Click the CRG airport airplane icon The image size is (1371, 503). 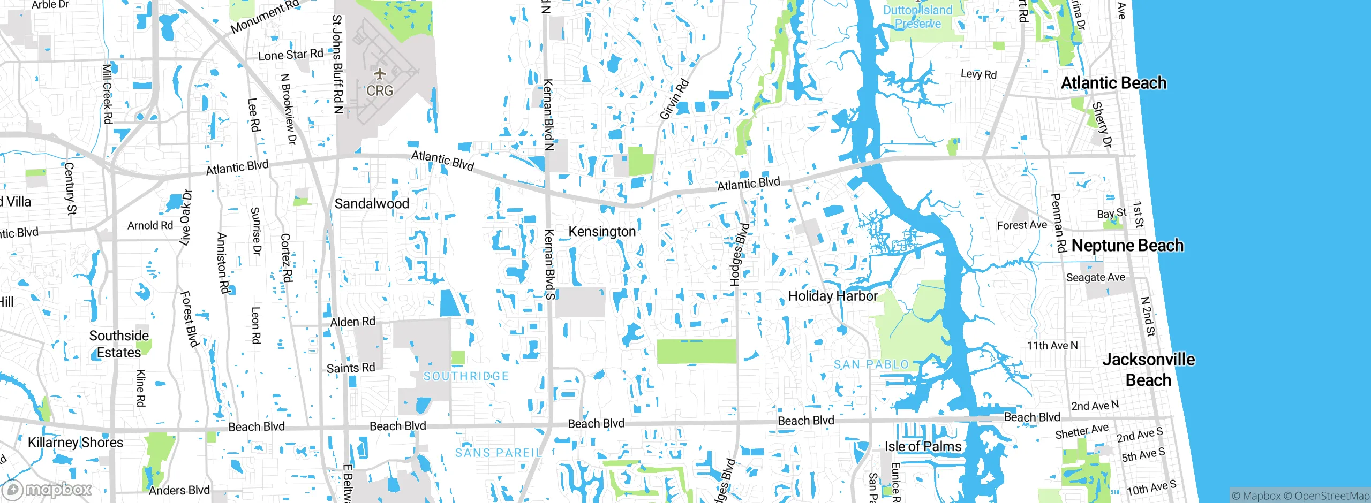[x=380, y=73]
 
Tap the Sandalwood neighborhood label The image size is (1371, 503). [x=372, y=204]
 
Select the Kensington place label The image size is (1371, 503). [x=602, y=232]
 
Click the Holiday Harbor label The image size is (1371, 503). [x=833, y=296]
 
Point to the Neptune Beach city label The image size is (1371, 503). [x=1127, y=246]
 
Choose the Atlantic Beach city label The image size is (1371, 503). [x=1113, y=83]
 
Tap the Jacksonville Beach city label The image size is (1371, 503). [x=1148, y=370]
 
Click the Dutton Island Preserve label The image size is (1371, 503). [x=918, y=17]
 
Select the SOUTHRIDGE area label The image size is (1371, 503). [x=466, y=376]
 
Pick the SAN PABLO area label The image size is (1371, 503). [x=871, y=365]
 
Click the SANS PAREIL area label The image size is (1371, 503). [x=498, y=453]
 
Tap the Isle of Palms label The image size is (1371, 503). [x=923, y=446]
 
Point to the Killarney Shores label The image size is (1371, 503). [x=76, y=443]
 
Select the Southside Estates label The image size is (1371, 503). [x=119, y=344]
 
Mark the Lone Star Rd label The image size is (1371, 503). [x=290, y=55]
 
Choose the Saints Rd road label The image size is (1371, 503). [x=351, y=368]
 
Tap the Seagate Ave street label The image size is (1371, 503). [x=1095, y=277]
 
